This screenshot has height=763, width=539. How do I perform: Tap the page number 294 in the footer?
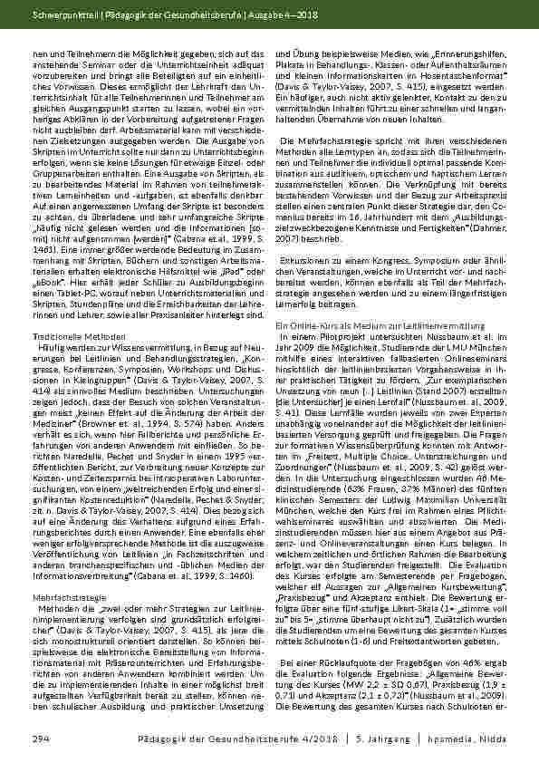point(38,739)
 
